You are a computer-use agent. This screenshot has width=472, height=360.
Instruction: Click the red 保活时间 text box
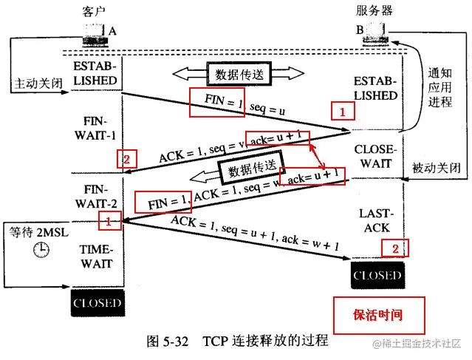click(380, 314)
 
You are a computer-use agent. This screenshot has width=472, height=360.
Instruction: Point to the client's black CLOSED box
click(97, 303)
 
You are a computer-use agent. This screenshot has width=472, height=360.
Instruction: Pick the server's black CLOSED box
click(377, 276)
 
